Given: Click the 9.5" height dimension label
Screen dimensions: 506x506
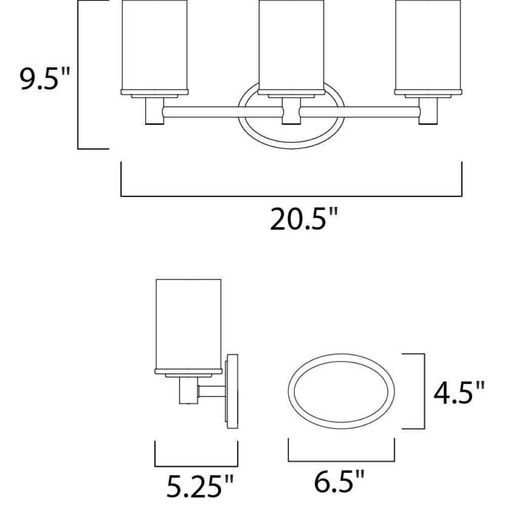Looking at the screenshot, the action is click(45, 78).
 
